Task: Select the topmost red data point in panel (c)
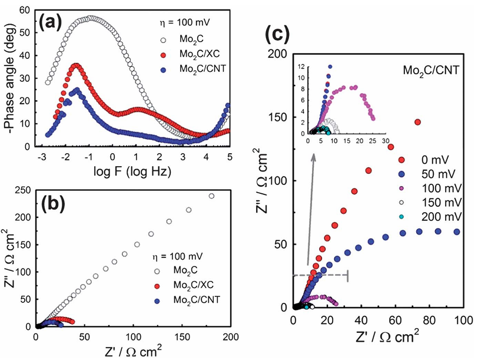click(418, 122)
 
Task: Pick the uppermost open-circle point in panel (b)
click(211, 196)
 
